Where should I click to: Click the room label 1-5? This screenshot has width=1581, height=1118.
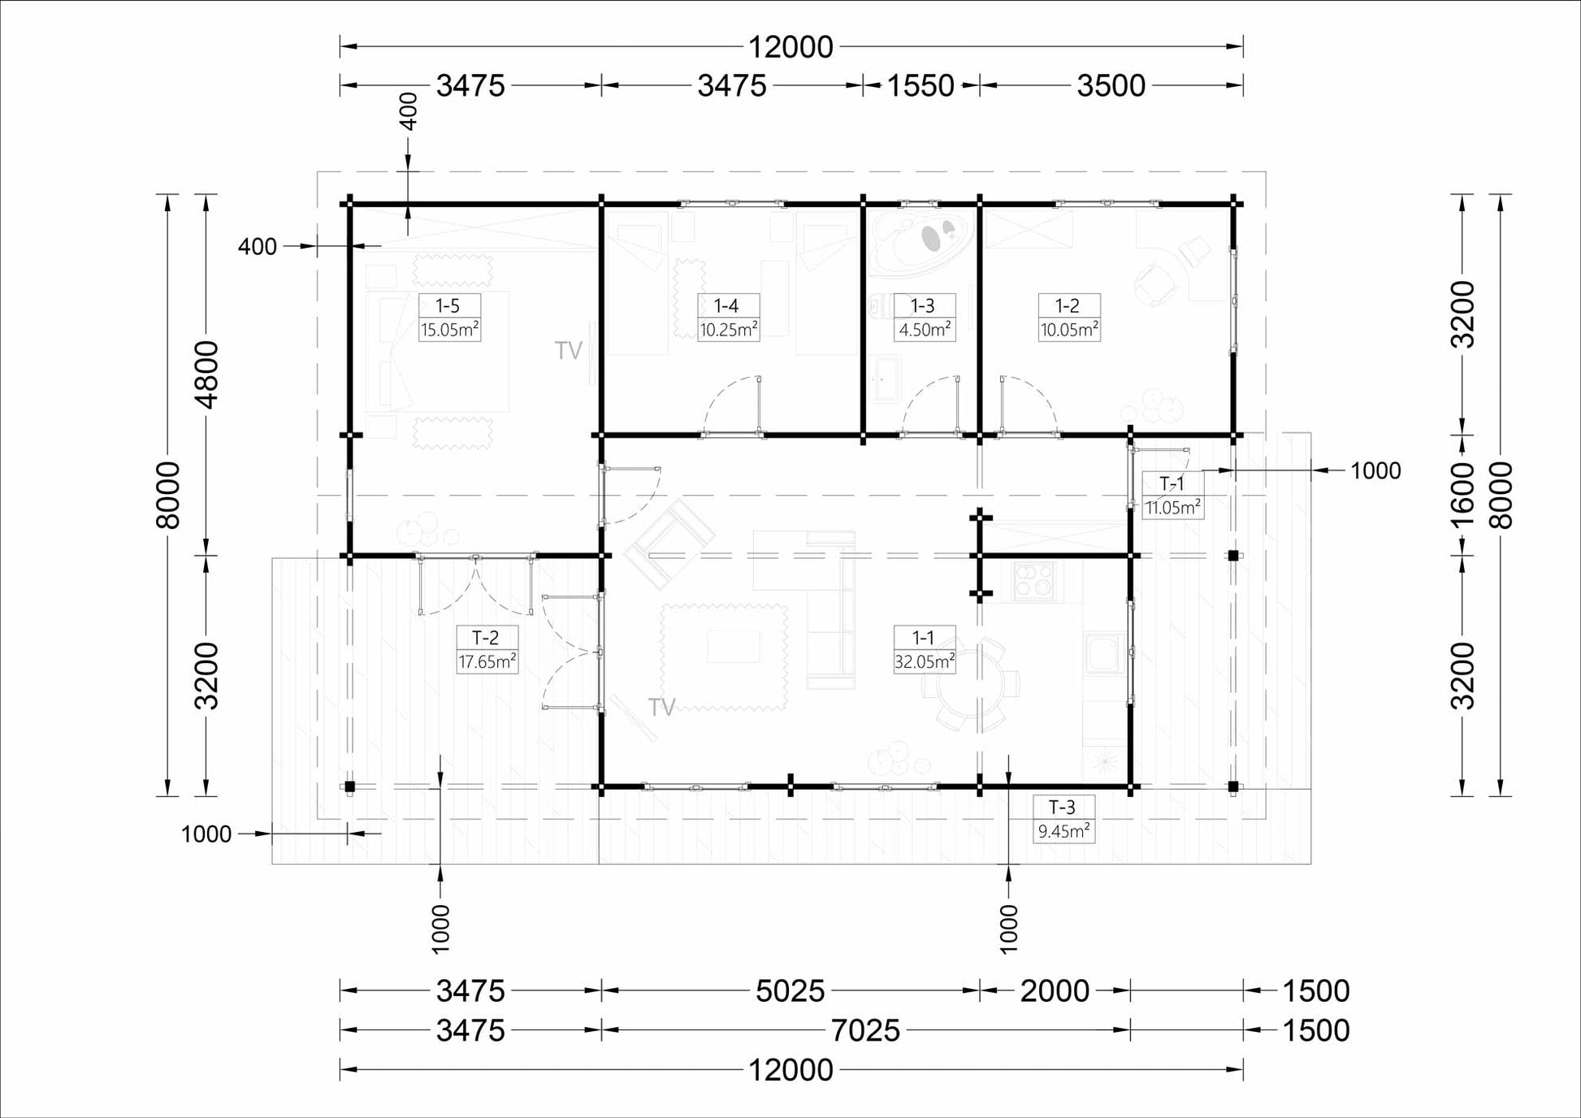(448, 305)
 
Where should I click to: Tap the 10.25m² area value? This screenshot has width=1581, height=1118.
(729, 330)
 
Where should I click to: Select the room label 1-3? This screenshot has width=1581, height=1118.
(923, 305)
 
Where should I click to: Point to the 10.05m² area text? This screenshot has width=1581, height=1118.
(1069, 330)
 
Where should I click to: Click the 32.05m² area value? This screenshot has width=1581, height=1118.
(924, 661)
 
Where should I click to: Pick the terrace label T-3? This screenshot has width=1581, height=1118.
(1062, 807)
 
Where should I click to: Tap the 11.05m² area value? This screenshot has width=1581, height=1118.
(1172, 509)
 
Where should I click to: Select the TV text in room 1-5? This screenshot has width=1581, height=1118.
(569, 350)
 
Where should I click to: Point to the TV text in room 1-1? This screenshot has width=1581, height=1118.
(662, 708)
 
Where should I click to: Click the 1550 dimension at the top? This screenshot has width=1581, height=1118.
(920, 85)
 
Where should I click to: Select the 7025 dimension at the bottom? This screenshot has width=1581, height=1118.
(866, 1031)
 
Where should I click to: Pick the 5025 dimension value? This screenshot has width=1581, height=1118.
(790, 991)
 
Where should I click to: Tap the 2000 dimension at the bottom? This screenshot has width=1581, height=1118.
(1055, 991)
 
